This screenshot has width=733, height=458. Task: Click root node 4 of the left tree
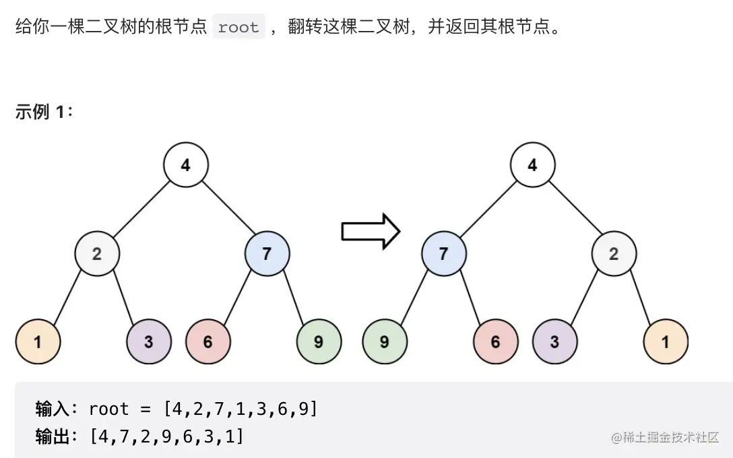[186, 164]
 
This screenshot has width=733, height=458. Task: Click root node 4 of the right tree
[532, 164]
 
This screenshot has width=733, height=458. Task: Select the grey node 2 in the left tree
[97, 254]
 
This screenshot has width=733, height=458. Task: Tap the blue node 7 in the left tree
[267, 254]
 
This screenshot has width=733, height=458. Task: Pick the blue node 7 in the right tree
[443, 254]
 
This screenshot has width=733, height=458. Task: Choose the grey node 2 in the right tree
[614, 254]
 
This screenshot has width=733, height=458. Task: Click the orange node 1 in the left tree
[38, 341]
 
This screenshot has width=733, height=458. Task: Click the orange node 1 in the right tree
[665, 341]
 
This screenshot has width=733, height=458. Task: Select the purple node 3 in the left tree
[148, 341]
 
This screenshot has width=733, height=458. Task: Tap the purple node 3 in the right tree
[554, 341]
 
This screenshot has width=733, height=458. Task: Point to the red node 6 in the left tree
[208, 341]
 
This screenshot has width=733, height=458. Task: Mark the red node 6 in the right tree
[495, 341]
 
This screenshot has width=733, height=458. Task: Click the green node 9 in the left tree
[319, 341]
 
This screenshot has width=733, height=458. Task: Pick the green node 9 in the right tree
[384, 341]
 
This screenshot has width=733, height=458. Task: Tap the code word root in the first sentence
[238, 28]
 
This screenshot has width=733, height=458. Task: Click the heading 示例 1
[43, 112]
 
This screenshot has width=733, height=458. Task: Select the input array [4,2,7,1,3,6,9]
[239, 409]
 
